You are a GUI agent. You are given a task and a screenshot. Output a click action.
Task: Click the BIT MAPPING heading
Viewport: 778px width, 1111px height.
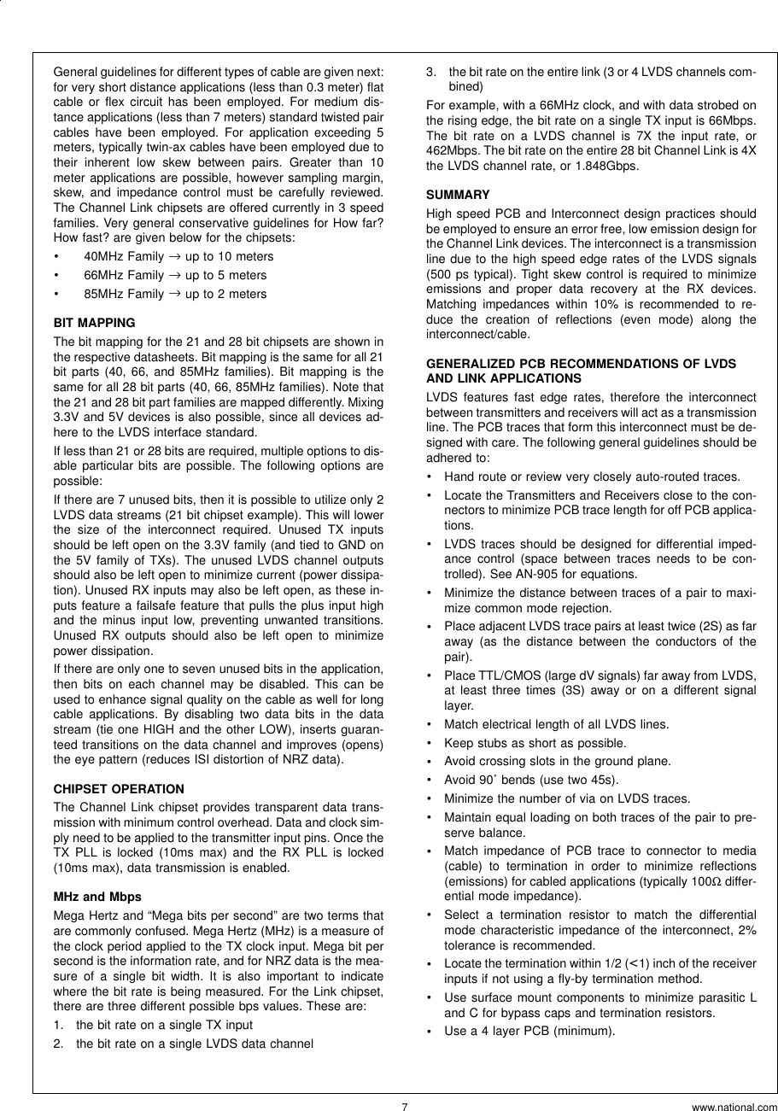pyautogui.click(x=94, y=323)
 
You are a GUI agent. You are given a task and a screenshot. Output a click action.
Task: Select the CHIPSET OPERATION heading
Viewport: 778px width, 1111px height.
pyautogui.click(x=119, y=789)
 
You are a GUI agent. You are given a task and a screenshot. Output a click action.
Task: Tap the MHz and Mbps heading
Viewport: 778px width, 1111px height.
pyautogui.click(x=97, y=897)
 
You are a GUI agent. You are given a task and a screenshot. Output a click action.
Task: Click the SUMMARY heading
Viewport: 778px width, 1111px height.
pyautogui.click(x=458, y=195)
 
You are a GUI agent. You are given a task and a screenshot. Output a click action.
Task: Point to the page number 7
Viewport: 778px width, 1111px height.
pyautogui.click(x=405, y=1107)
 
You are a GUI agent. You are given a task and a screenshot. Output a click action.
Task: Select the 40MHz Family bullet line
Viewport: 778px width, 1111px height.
pyautogui.click(x=178, y=256)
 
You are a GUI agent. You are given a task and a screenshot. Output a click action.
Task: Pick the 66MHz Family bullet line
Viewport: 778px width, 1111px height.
pyautogui.click(x=175, y=275)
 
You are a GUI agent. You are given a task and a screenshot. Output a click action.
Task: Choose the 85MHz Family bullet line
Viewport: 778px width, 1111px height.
pyautogui.click(x=175, y=294)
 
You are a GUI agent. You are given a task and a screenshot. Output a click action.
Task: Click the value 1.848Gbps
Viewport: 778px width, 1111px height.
pyautogui.click(x=606, y=166)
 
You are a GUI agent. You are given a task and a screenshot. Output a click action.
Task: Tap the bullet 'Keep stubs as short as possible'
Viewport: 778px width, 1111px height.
pyautogui.click(x=535, y=743)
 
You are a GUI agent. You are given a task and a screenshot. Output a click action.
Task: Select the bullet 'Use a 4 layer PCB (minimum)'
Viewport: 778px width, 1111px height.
pyautogui.click(x=529, y=1031)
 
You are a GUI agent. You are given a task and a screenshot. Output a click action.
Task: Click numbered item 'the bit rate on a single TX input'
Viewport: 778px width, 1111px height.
pyautogui.click(x=164, y=1025)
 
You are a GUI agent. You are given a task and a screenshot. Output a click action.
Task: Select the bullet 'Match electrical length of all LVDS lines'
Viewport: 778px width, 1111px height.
pyautogui.click(x=556, y=724)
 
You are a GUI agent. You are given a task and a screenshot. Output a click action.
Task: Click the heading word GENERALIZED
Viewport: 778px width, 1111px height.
pyautogui.click(x=469, y=364)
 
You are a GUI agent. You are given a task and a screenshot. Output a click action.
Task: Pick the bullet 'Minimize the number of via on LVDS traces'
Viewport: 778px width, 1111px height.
pyautogui.click(x=559, y=798)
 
